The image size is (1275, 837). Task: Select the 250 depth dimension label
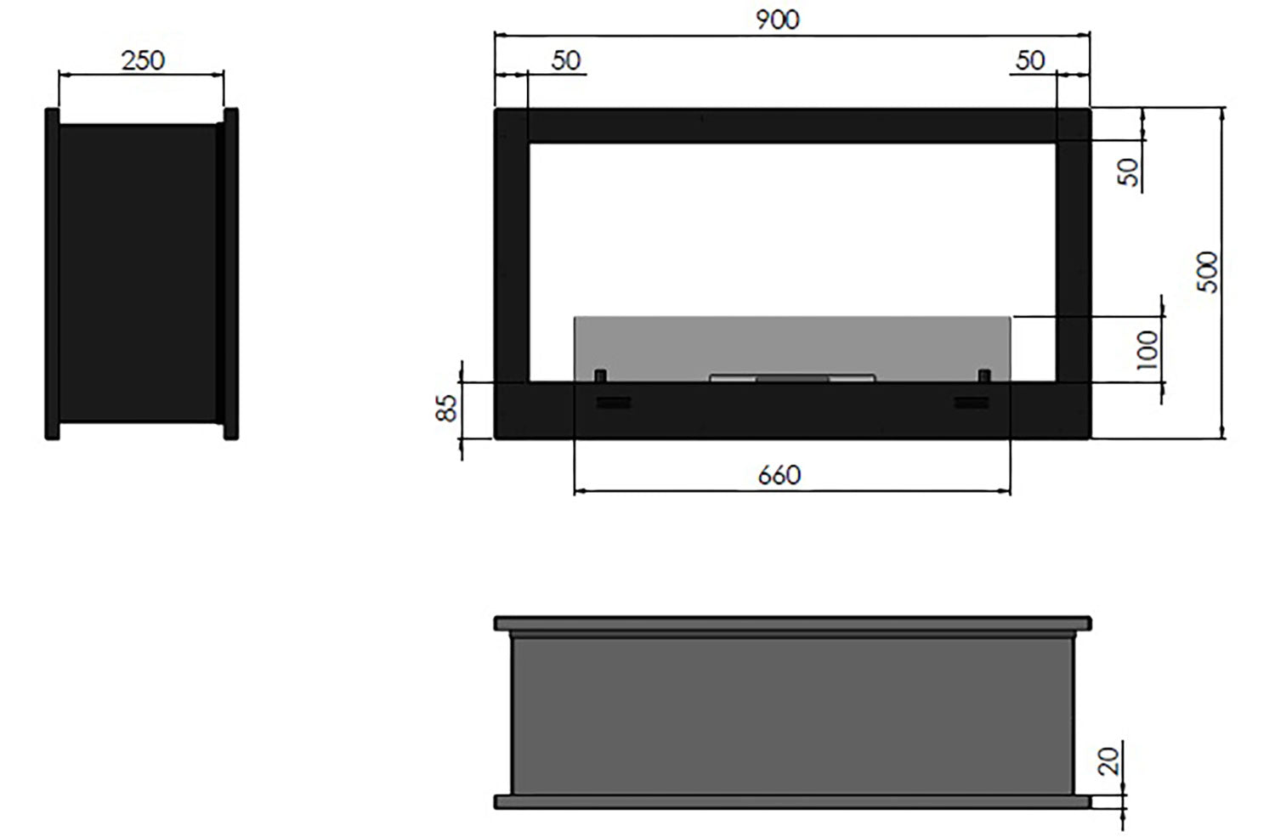click(143, 60)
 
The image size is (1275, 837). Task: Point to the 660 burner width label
click(779, 474)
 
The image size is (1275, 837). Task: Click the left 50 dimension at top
click(565, 60)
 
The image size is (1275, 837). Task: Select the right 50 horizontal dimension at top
click(1029, 60)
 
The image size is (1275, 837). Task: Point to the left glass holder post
click(600, 376)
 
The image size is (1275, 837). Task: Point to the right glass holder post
click(984, 376)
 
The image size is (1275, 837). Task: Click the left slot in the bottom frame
click(613, 402)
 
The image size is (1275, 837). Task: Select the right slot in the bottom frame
click(972, 402)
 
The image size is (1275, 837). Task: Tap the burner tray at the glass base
click(792, 377)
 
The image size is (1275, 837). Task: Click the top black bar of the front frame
click(792, 125)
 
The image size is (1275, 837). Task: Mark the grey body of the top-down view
click(792, 714)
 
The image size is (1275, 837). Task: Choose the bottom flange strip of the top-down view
click(792, 800)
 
